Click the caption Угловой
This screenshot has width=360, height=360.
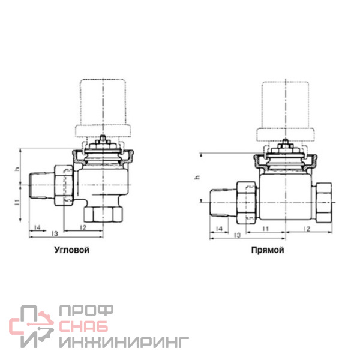point(71,250)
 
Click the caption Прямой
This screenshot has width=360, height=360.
point(268,250)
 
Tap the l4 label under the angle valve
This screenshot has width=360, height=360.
point(37,227)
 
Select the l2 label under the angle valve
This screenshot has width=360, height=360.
point(83,227)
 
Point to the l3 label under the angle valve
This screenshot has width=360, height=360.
point(55,234)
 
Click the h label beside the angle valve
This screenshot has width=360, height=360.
point(17,169)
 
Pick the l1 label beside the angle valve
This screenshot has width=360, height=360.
point(17,202)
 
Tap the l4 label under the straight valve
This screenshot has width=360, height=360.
point(219,229)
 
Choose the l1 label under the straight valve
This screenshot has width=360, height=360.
point(266,229)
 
